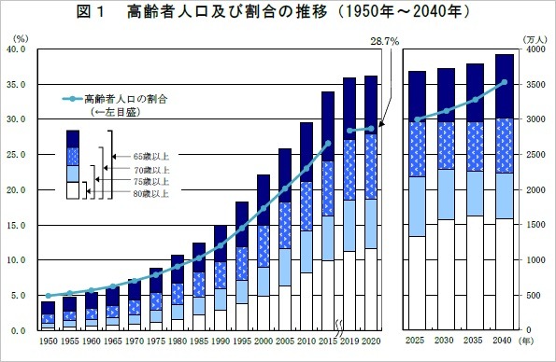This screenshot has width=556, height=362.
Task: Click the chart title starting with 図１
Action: click(x=278, y=15)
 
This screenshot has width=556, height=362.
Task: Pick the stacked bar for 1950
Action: click(x=48, y=315)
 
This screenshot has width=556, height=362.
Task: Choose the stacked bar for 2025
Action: click(x=417, y=201)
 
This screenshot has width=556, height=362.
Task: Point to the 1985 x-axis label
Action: click(x=199, y=341)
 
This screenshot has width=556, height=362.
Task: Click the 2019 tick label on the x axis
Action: click(x=349, y=341)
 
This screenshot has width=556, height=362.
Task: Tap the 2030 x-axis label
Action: click(x=446, y=341)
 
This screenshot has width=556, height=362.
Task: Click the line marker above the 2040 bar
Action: click(x=505, y=82)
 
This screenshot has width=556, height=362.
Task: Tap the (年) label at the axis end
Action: click(x=530, y=341)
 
